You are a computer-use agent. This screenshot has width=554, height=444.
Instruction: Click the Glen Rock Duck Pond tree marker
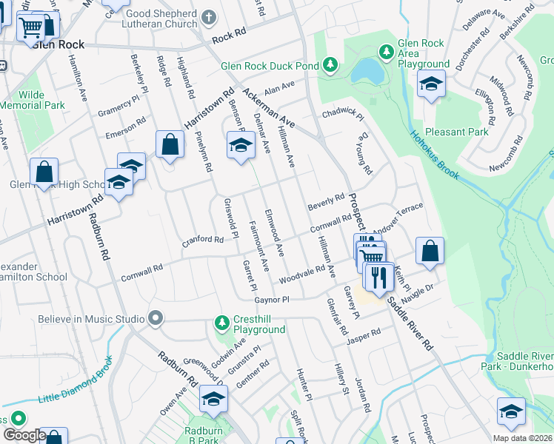pos(330,66)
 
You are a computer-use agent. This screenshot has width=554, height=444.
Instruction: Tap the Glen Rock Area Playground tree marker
pos(386,52)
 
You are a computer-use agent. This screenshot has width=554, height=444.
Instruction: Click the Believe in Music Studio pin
pos(155,319)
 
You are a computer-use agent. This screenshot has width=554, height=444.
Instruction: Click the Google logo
pos(24,435)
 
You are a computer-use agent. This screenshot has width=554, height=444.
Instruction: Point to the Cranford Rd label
pos(203,240)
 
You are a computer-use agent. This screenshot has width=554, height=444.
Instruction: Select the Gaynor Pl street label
pos(271,300)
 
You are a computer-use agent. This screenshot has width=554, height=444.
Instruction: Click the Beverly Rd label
pos(327,201)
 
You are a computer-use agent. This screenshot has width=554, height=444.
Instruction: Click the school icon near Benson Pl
pos(239,144)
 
